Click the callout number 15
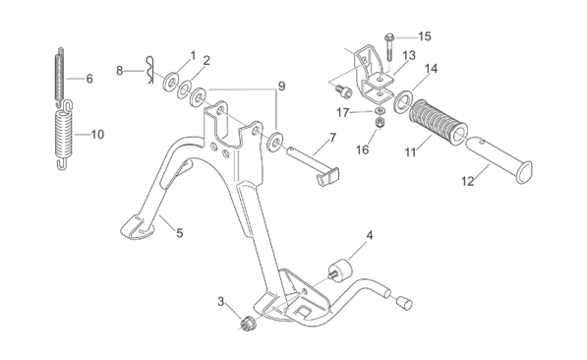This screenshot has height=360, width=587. (425, 36)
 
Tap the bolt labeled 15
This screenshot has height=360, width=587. (389, 47)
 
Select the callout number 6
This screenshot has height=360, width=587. (89, 79)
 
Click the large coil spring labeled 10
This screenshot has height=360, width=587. (65, 135)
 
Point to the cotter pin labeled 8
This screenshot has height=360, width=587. (149, 70)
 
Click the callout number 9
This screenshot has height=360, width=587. (281, 87)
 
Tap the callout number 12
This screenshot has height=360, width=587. (468, 181)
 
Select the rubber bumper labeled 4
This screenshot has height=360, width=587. (340, 270)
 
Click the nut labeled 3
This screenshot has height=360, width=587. (247, 324)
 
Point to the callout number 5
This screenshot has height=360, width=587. (180, 233)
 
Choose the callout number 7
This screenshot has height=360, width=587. (333, 138)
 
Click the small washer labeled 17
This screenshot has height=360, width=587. (380, 111)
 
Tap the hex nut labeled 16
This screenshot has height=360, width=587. (380, 123)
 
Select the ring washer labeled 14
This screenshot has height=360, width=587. (403, 100)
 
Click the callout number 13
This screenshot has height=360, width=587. (409, 55)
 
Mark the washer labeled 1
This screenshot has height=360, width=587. (170, 82)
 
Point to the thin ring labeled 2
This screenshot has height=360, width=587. (184, 90)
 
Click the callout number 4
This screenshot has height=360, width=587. (370, 236)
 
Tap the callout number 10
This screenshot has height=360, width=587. (97, 135)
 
